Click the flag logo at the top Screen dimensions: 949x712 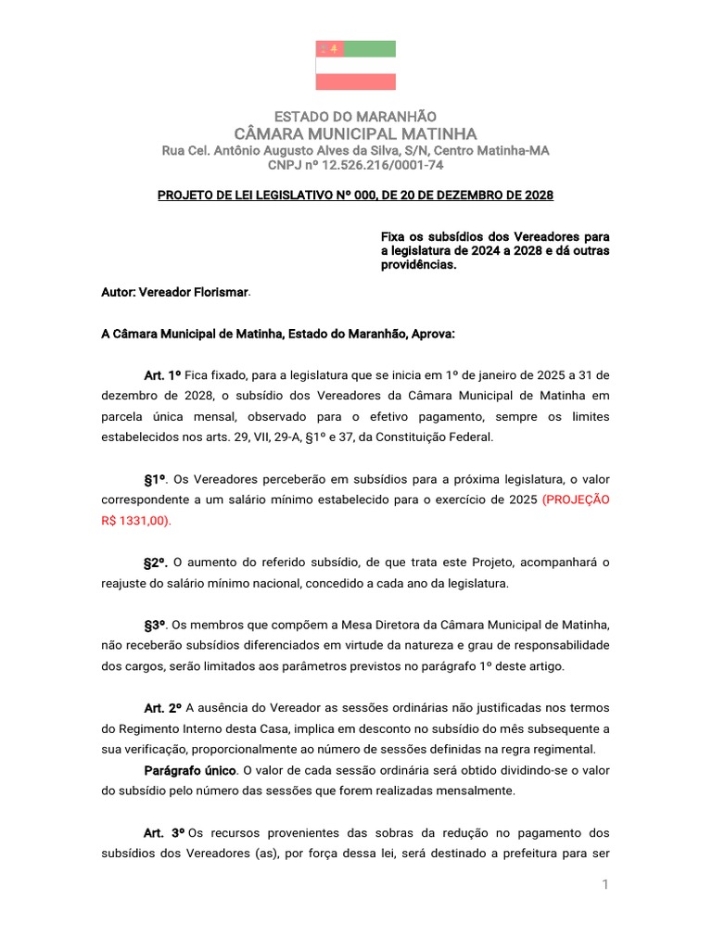coord(356,65)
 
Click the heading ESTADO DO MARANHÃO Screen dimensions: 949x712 coord(356,116)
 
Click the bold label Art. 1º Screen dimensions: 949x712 coord(162,374)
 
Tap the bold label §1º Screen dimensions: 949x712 coord(155,479)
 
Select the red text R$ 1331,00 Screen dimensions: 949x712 coord(135,520)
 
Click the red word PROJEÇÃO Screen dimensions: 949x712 coord(577,500)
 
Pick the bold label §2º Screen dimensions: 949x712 coord(155,563)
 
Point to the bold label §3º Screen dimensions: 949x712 coord(155,625)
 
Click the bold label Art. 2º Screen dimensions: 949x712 coord(162,708)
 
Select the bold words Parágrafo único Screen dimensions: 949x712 coord(190,770)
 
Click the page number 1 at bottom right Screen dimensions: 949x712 coord(604,885)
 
